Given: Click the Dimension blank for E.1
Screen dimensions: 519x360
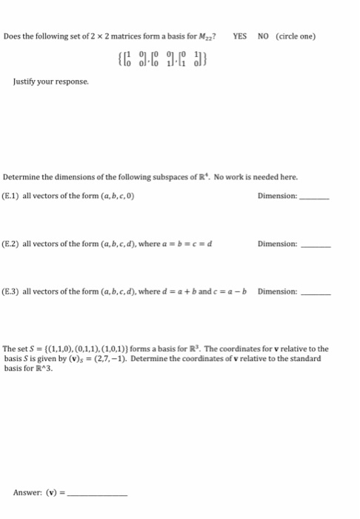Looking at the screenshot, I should [x=314, y=197].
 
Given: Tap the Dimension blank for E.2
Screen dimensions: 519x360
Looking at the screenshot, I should [x=315, y=245].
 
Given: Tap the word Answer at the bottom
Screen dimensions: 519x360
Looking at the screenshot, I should [x=27, y=492].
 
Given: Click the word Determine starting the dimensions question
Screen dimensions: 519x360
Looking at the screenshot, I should [x=21, y=177].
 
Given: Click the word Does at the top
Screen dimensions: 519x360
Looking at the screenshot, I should [x=12, y=36].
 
